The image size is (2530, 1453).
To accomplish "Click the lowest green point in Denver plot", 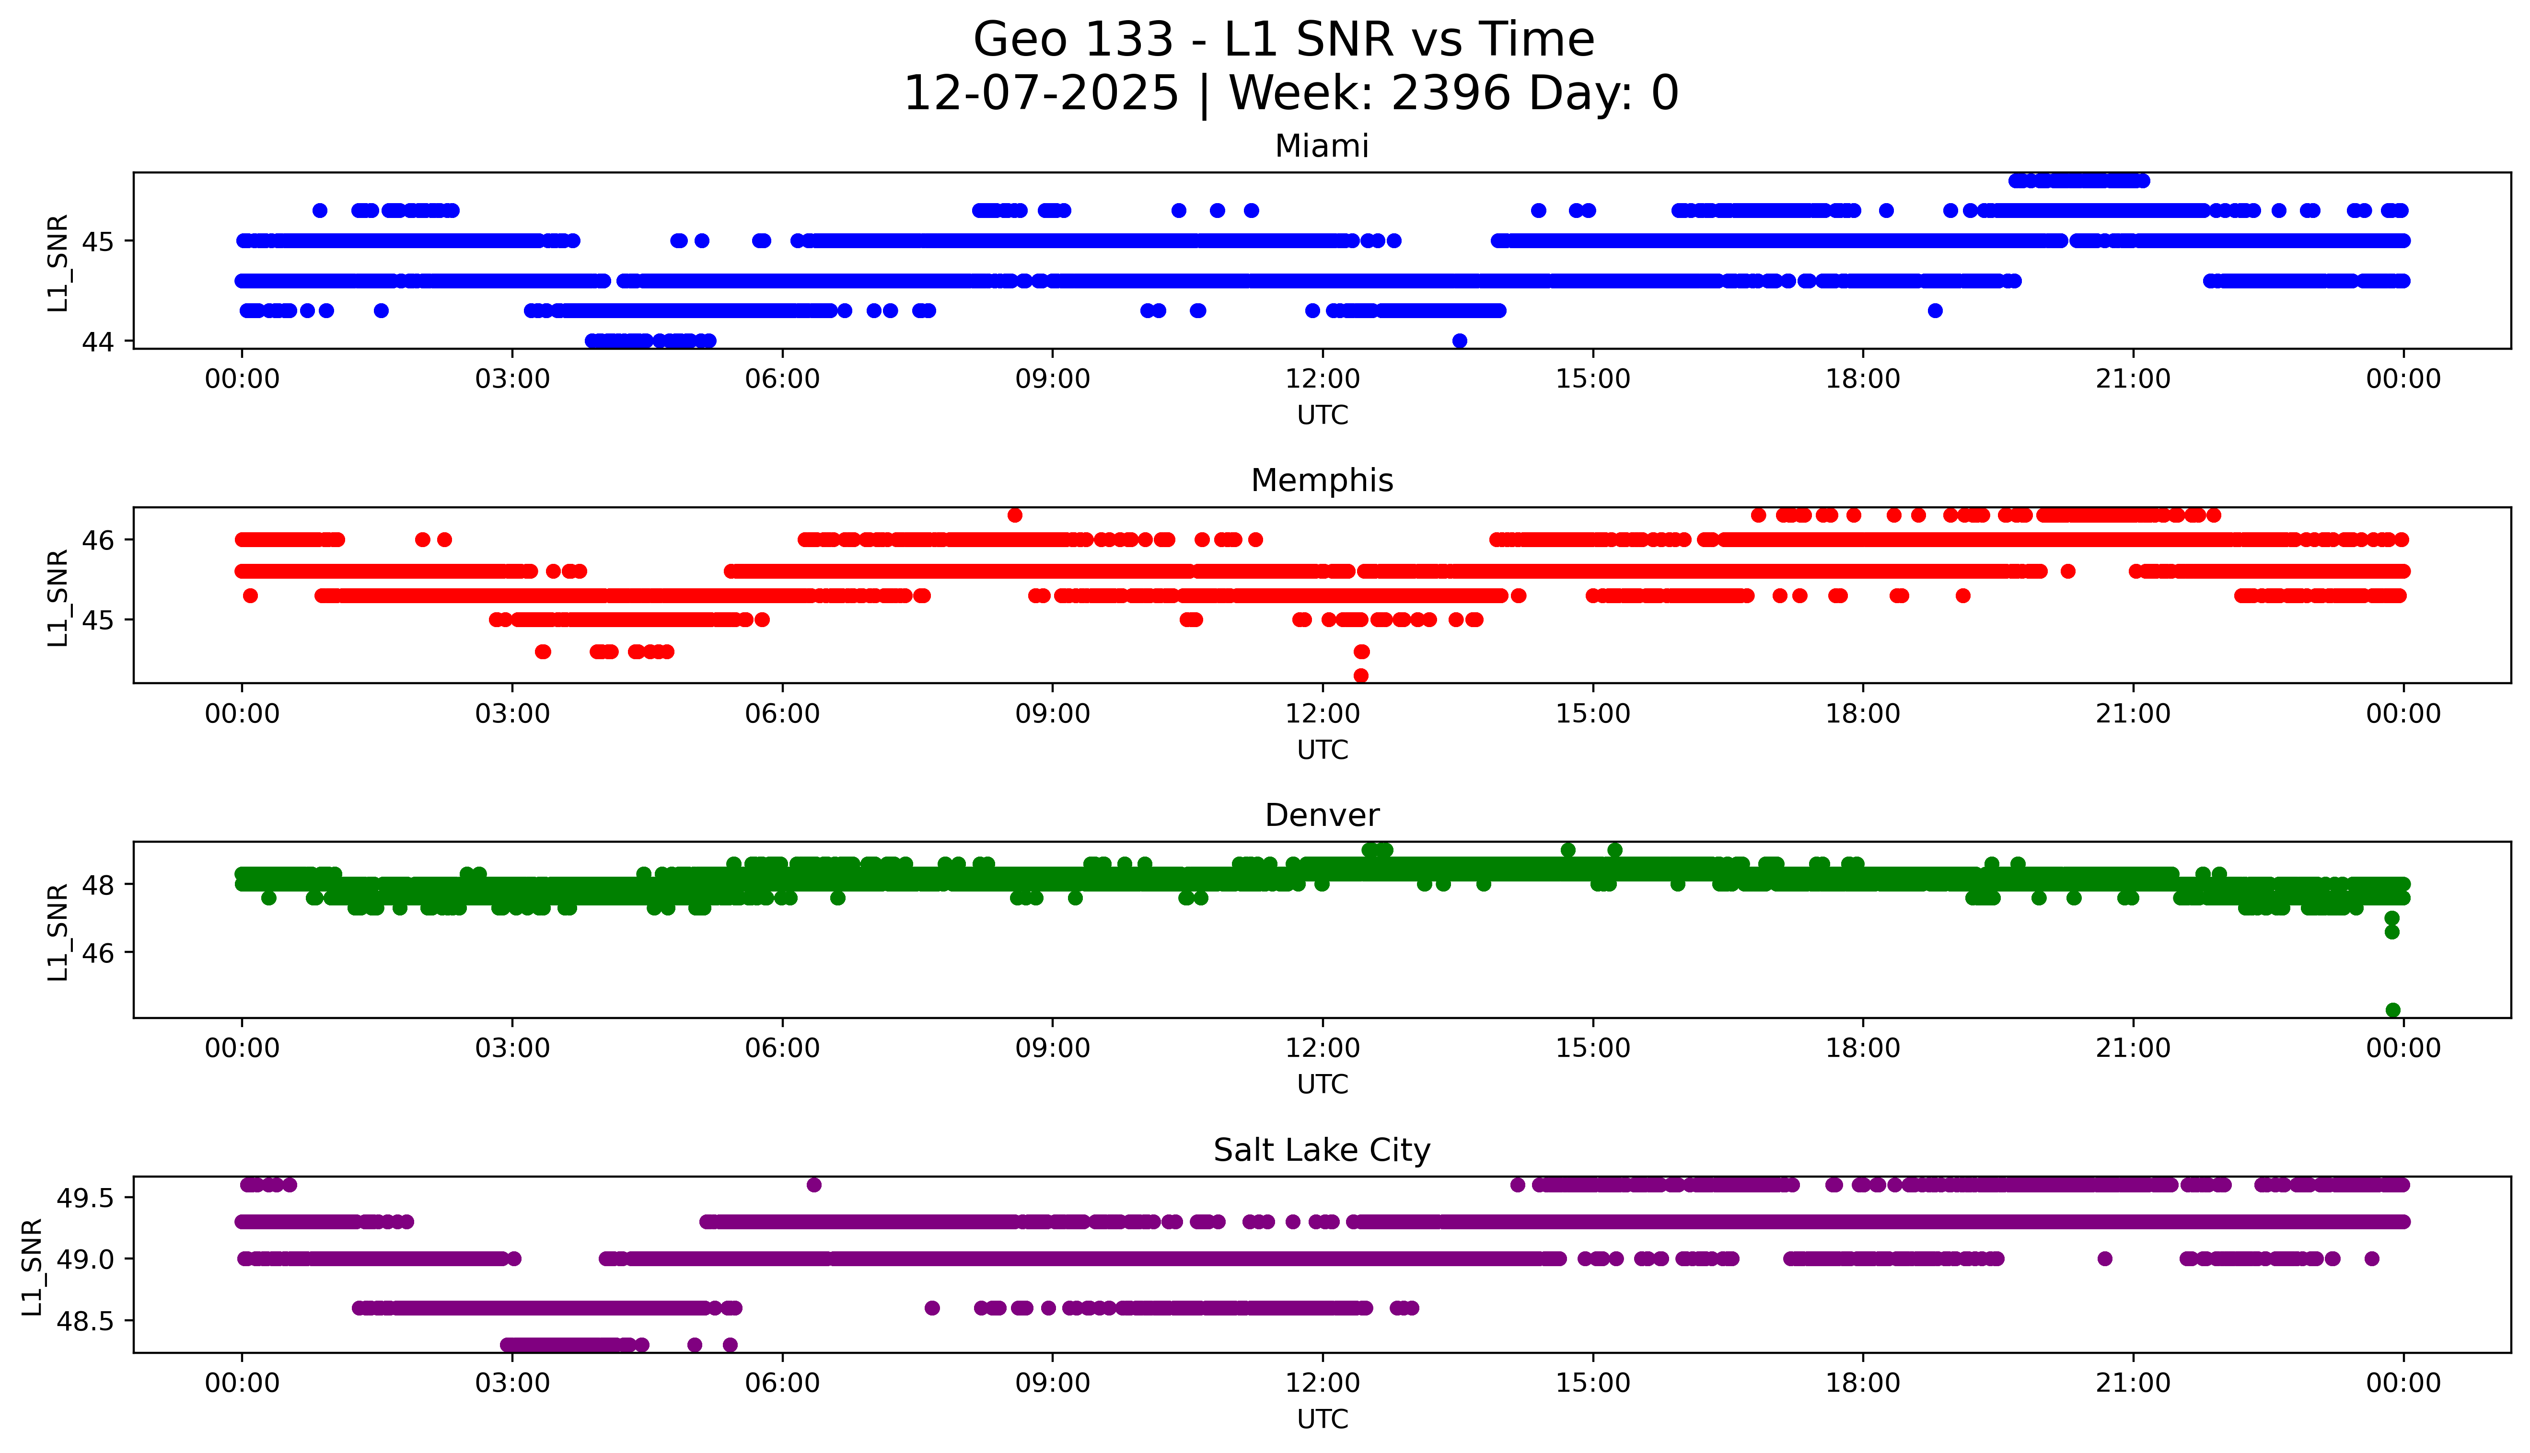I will click(x=2392, y=1010).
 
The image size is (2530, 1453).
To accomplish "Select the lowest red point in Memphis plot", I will click(x=1361, y=675).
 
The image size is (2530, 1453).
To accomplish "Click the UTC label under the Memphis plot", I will click(x=1322, y=749).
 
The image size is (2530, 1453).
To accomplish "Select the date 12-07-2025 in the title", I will click(x=1041, y=94).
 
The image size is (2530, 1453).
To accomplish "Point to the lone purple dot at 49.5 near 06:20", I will click(x=814, y=1185).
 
